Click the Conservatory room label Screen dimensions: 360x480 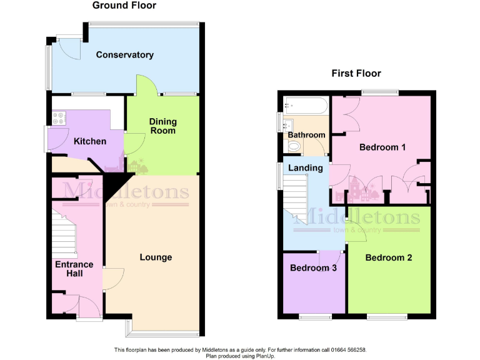click(124, 55)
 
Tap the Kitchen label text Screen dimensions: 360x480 click(90, 141)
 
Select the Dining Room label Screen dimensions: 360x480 click(162, 126)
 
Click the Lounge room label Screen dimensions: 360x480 click(156, 257)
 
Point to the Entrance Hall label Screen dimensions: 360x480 click(74, 269)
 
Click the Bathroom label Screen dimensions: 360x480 click(306, 135)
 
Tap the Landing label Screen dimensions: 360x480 click(306, 167)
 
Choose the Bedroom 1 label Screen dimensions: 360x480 click(382, 147)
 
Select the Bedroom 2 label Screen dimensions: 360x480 click(389, 257)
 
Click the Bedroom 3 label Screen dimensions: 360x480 click(314, 268)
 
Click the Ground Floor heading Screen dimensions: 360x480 click(124, 6)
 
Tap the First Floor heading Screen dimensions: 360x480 click(356, 73)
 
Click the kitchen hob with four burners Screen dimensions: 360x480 click(61, 116)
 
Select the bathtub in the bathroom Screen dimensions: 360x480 click(305, 106)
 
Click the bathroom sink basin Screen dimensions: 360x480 click(289, 124)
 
